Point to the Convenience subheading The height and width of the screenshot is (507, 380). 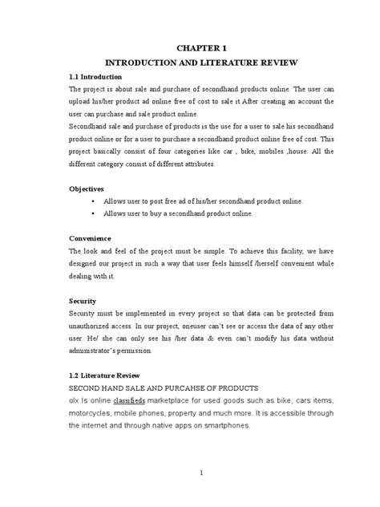pos(91,238)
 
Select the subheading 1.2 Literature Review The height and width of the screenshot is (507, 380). pos(106,375)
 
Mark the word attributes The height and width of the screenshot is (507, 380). pos(193,164)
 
